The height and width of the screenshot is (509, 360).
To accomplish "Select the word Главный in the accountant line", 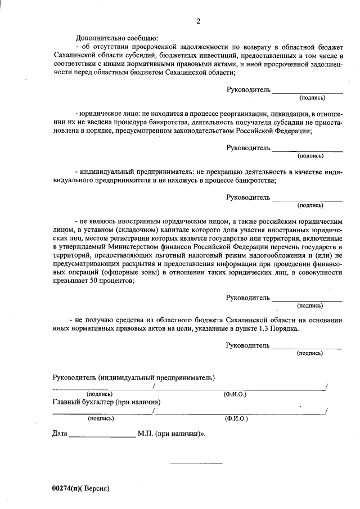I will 66,402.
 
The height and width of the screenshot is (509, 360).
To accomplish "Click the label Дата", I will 60,435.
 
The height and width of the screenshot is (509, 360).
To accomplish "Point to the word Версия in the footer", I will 96,488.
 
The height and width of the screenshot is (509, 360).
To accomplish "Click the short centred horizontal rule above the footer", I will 196,463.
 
